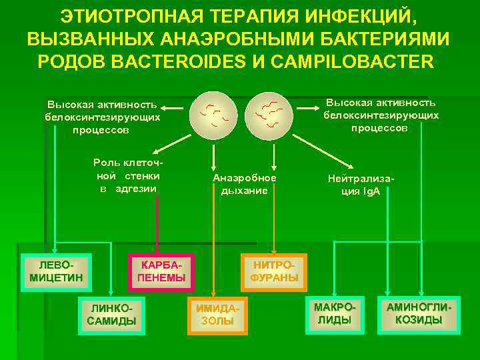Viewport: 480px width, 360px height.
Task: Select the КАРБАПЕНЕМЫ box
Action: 161,272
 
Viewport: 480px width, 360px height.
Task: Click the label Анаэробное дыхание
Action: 244,185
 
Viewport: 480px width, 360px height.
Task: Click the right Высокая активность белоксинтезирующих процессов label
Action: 381,115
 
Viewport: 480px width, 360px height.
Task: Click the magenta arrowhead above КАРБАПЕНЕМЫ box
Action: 157,251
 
